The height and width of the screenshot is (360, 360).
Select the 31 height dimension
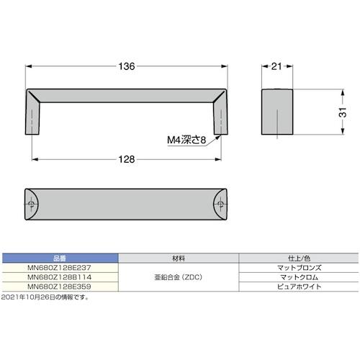tap(343, 112)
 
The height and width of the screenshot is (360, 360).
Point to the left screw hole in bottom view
tap(31, 205)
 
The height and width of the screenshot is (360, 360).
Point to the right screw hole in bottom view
tap(221, 205)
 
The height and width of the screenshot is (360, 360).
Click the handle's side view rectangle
tap(276, 113)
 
